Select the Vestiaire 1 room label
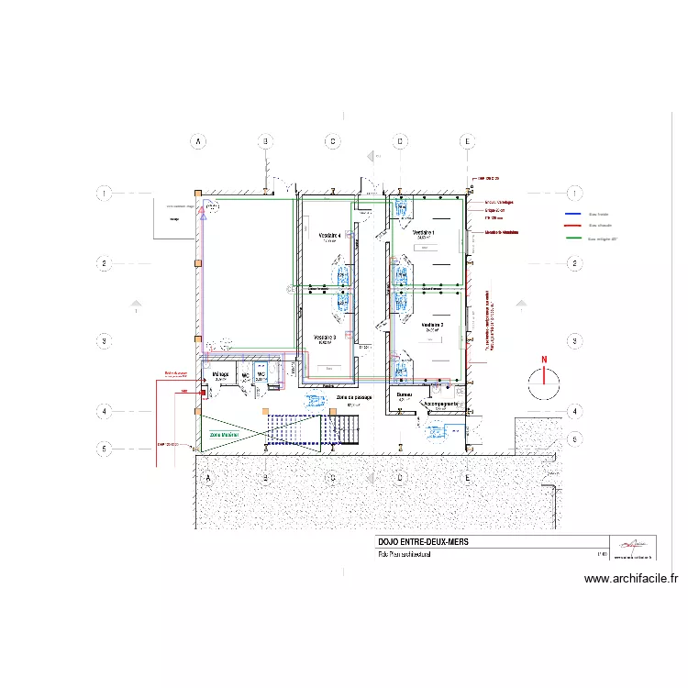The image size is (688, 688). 424,233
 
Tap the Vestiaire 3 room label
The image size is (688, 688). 325,338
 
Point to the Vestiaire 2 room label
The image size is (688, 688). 432,325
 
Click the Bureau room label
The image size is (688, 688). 405,394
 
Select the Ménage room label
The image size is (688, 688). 220,374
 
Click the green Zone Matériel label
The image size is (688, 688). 224,435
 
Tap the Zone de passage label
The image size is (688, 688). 353,398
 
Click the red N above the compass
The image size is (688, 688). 543,360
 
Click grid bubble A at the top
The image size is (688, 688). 196,141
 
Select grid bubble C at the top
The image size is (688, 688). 332,141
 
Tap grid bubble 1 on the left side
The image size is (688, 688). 105,194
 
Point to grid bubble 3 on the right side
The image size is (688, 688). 574,340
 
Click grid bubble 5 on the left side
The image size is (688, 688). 105,449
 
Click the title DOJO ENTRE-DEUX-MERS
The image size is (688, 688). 423,542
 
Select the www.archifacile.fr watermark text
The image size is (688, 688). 631,579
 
